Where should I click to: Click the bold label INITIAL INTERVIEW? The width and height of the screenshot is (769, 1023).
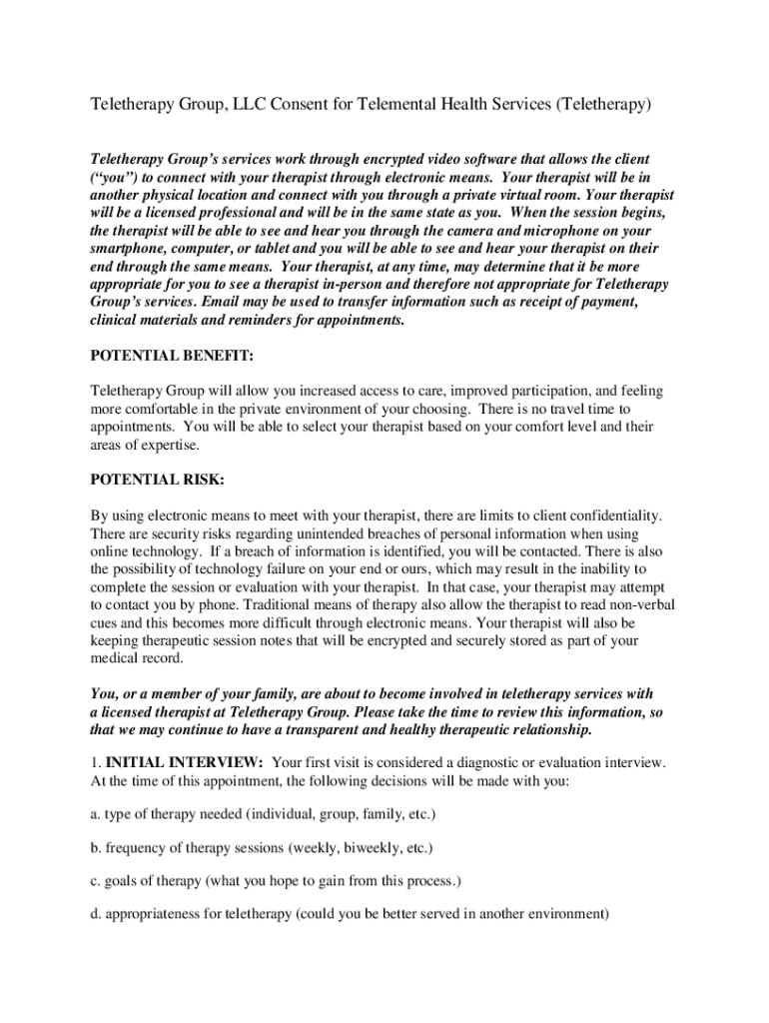point(185,762)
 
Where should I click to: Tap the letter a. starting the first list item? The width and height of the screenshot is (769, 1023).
point(96,815)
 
